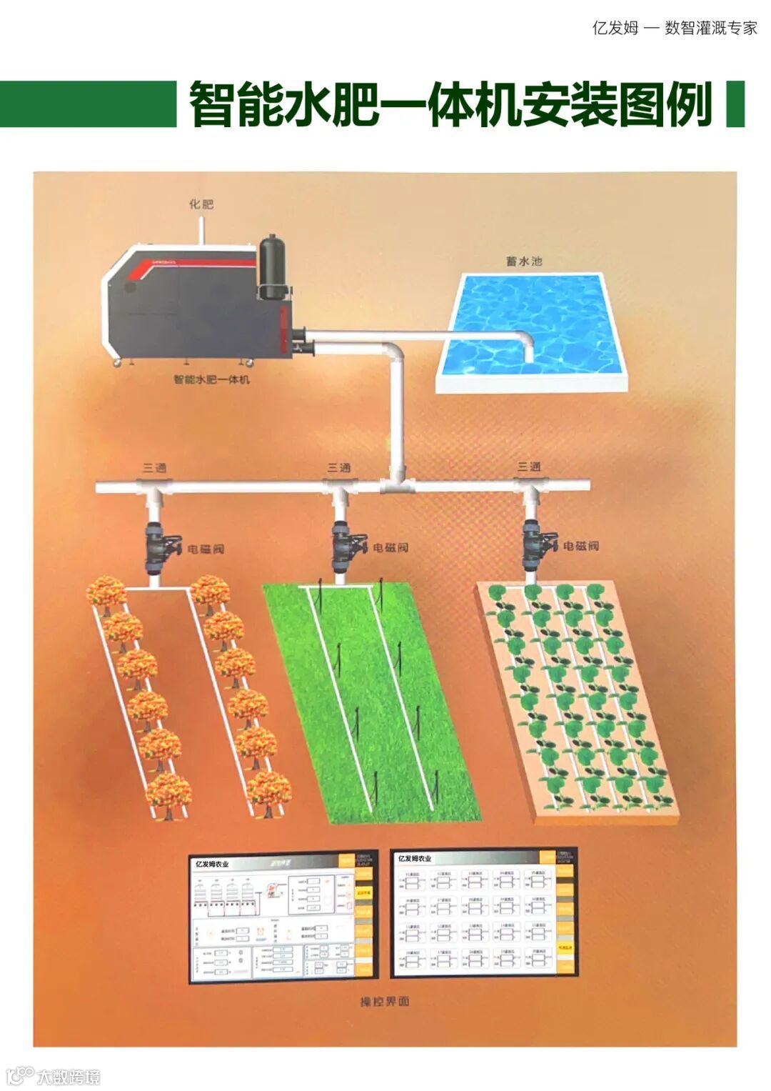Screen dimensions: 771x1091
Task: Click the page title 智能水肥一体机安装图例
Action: [x=450, y=104]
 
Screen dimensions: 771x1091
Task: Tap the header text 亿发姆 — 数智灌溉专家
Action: [x=674, y=28]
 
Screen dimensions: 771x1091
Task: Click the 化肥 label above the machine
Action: [x=201, y=204]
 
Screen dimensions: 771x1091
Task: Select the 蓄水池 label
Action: [x=524, y=261]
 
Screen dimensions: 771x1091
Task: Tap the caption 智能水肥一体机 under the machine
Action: [x=212, y=379]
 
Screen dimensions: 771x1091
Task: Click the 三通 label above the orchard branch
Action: [x=155, y=468]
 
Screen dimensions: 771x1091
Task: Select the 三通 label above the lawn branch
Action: [x=339, y=468]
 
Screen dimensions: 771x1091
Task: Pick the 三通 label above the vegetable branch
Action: [x=529, y=467]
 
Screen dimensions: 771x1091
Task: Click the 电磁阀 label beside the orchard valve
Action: [x=206, y=549]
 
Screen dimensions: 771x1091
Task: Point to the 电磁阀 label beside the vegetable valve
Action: [x=580, y=546]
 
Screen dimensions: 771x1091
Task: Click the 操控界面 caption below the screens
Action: [x=385, y=1002]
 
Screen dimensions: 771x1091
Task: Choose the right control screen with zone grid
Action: [x=484, y=912]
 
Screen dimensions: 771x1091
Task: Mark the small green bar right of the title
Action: [x=735, y=104]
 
